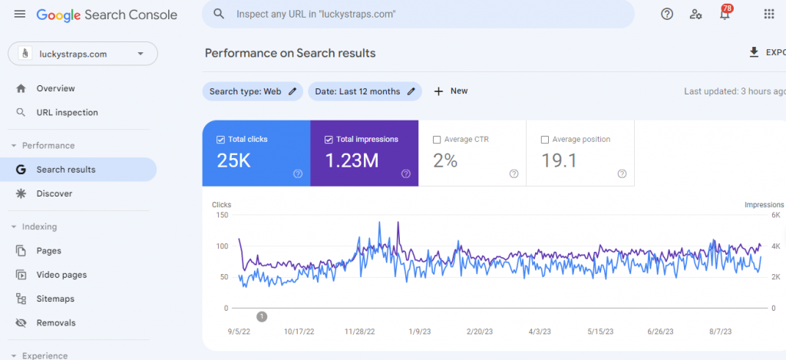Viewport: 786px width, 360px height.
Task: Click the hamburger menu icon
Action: tap(19, 14)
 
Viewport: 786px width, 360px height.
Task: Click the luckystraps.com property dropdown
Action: tap(83, 54)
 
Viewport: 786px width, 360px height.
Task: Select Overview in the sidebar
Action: tap(55, 88)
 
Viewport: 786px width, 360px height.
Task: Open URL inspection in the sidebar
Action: tap(68, 112)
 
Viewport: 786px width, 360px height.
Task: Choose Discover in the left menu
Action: tap(54, 193)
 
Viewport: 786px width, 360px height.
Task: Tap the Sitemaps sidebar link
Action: tap(55, 299)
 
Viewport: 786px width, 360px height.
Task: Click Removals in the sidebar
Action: tap(56, 323)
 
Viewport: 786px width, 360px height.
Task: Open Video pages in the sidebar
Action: tap(61, 275)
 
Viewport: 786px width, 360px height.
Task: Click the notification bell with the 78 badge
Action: tap(725, 14)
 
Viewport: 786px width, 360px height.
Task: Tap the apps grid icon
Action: tap(769, 14)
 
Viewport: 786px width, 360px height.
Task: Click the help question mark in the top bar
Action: tap(667, 14)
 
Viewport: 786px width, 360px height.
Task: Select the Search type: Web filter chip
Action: tap(253, 91)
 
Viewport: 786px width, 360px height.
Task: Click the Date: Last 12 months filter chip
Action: tap(365, 91)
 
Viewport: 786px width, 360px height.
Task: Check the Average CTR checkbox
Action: tap(436, 140)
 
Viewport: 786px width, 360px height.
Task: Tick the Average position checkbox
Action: tap(545, 140)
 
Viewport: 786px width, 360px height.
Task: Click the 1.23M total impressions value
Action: tap(352, 160)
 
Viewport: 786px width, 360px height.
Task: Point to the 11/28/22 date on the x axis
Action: tap(359, 332)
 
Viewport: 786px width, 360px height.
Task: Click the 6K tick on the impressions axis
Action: tap(775, 215)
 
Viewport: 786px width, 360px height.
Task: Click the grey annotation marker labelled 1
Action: tap(262, 316)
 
